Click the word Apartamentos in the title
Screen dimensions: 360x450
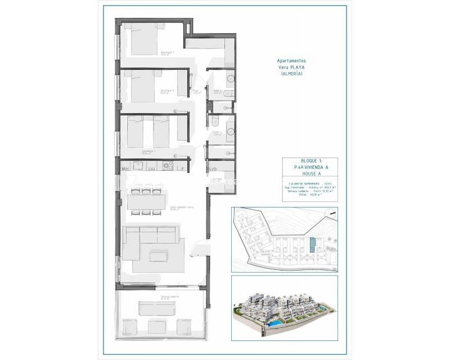(292, 61)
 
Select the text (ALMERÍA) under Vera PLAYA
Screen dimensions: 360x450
(291, 74)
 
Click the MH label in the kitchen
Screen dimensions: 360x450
(126, 168)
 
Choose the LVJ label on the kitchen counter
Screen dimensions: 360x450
(151, 168)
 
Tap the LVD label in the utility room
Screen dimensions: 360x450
(214, 168)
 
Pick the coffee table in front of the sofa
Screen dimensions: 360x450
(159, 256)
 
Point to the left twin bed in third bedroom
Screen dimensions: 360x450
(138, 133)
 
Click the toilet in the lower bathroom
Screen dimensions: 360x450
(215, 119)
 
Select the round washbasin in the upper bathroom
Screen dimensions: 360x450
(231, 79)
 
